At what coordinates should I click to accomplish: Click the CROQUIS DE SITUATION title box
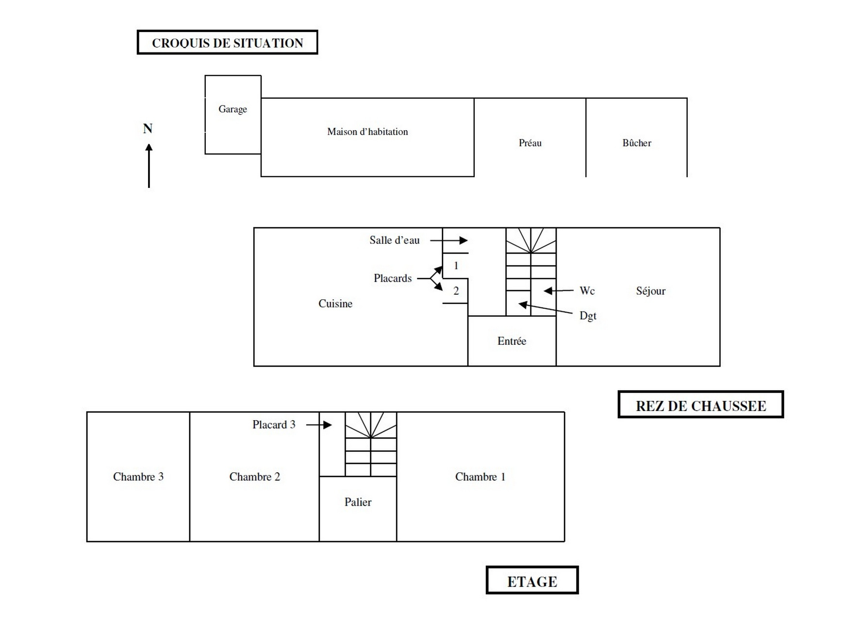point(227,43)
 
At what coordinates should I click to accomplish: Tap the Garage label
point(232,109)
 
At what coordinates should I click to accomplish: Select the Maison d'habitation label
point(367,132)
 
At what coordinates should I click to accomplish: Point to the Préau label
point(530,143)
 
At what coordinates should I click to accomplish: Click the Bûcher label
point(637,143)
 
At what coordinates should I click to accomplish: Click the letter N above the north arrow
point(148,129)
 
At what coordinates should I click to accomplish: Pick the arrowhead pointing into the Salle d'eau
point(463,240)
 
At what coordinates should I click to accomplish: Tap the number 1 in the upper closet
point(456,266)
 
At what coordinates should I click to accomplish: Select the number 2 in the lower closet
point(456,291)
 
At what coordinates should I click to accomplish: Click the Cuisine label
point(335,304)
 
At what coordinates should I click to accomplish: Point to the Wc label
point(587,291)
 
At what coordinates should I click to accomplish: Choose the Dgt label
point(588,316)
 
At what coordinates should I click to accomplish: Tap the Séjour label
point(651,291)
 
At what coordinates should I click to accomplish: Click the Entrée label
point(512,341)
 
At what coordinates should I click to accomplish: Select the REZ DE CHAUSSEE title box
point(700,405)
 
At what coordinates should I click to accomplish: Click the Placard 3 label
point(274,425)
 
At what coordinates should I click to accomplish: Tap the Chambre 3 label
point(138,477)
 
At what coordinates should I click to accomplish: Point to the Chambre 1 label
point(480,477)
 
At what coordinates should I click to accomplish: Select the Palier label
point(358,502)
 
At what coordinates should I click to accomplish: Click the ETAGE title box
point(532,580)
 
